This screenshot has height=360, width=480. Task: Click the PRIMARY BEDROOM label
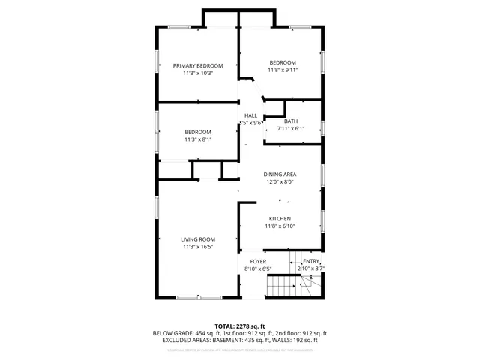[x=198, y=65]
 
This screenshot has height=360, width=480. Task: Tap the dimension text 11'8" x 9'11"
[x=283, y=70]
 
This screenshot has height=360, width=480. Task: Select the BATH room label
[x=291, y=121]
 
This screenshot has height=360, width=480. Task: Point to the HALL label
[x=250, y=115]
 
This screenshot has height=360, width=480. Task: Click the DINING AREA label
[x=279, y=174]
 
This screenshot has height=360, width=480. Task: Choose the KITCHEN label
[x=280, y=219]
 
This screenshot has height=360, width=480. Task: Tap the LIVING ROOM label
[x=198, y=239]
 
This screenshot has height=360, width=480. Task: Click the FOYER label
[x=258, y=261]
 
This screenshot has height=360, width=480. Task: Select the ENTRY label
[x=311, y=261]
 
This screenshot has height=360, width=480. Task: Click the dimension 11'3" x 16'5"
[x=198, y=247]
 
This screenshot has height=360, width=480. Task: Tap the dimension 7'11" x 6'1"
[x=291, y=129]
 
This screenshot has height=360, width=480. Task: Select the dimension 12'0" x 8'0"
[x=279, y=181]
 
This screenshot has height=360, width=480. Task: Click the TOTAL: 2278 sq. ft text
[x=240, y=326]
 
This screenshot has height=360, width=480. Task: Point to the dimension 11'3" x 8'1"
[x=198, y=139]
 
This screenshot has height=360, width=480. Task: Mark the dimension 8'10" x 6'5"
[x=258, y=268]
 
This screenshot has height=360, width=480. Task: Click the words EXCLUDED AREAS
[x=184, y=340]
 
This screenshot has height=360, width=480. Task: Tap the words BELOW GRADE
[x=172, y=333]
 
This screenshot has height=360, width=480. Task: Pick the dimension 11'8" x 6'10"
[x=280, y=226]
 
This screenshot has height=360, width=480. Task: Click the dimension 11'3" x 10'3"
[x=198, y=73]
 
